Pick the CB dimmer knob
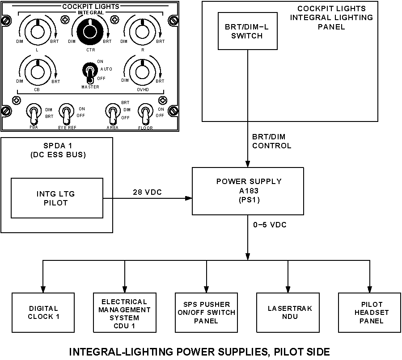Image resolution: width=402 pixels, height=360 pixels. [x=38, y=70]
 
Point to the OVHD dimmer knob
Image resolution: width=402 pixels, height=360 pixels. [x=142, y=70]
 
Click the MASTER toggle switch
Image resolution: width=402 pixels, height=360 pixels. [x=89, y=73]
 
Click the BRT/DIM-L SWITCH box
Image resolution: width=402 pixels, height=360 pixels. [x=247, y=31]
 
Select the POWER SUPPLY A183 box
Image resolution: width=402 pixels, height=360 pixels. [x=249, y=191]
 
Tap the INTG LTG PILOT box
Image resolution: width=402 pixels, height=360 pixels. [x=57, y=198]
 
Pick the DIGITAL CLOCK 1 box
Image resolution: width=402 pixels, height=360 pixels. [x=43, y=313]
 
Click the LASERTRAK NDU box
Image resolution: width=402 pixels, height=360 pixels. [x=288, y=313]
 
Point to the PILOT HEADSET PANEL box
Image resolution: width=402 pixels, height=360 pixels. [x=370, y=313]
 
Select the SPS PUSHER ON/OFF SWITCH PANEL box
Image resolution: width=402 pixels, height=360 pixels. [x=206, y=313]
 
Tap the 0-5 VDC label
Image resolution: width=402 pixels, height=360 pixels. [x=270, y=225]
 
